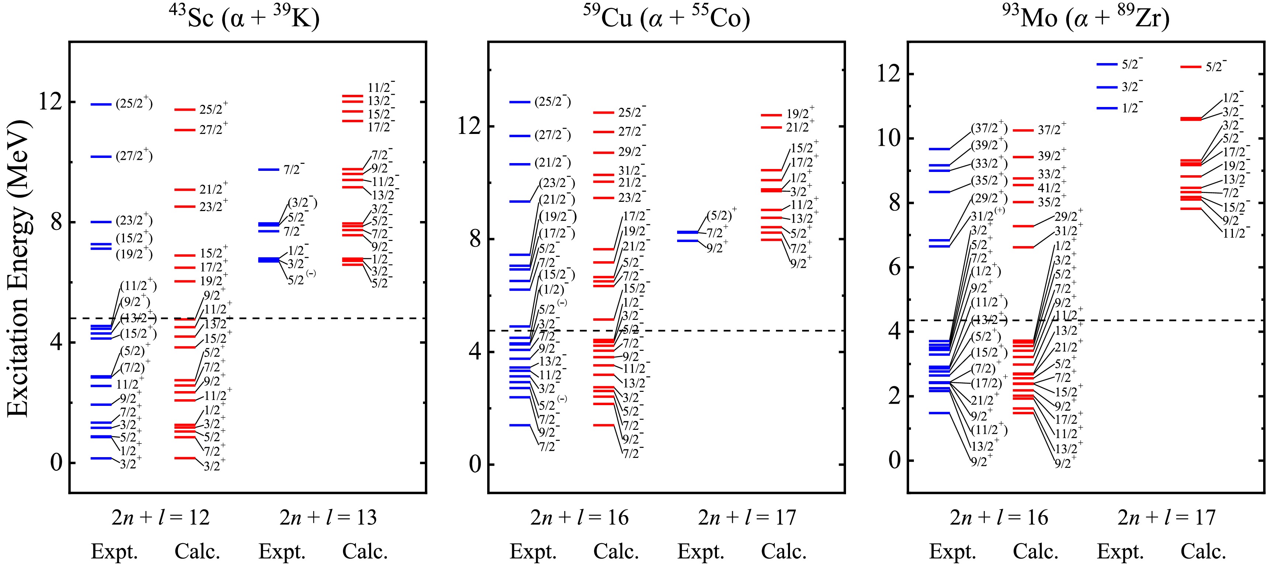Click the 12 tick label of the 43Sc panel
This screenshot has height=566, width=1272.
(51, 102)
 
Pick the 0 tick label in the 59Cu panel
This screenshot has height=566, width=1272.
(475, 464)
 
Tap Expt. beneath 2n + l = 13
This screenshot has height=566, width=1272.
(282, 551)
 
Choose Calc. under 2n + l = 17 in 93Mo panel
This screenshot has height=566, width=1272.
(1203, 551)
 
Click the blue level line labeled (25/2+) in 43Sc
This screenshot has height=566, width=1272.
(101, 104)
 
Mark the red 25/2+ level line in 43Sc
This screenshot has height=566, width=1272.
(185, 109)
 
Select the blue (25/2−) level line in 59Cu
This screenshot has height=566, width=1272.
(520, 102)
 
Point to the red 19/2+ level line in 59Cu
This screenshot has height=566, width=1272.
(771, 115)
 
